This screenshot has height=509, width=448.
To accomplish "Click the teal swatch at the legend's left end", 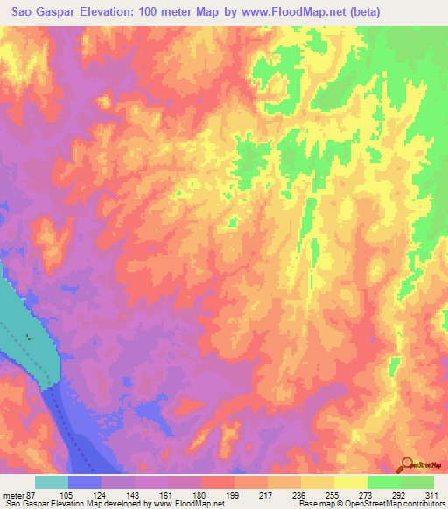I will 52,482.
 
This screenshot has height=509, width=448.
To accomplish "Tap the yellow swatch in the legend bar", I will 351,482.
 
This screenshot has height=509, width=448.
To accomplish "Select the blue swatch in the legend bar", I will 85,482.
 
